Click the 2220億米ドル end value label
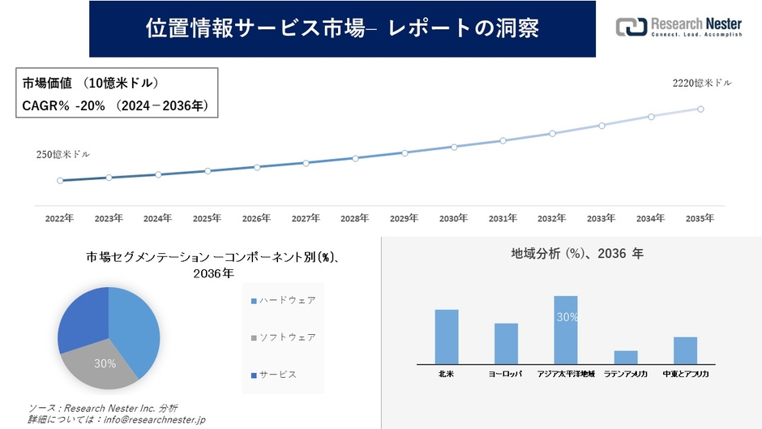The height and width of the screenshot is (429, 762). (x=701, y=83)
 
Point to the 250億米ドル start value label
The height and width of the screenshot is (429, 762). (x=62, y=154)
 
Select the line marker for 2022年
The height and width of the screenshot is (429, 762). (x=59, y=181)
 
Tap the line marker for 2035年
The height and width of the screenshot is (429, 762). (x=700, y=109)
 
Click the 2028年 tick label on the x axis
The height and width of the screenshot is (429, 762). (x=355, y=218)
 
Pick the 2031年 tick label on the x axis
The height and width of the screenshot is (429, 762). (x=503, y=218)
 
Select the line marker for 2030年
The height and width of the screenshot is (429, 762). (x=454, y=147)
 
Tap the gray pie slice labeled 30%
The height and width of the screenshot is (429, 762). (x=101, y=366)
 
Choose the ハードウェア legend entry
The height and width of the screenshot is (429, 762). (x=283, y=301)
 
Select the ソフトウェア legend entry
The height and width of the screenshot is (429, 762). (x=283, y=337)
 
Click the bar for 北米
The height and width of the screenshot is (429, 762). (x=447, y=337)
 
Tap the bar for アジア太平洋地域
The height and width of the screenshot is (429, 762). (x=566, y=330)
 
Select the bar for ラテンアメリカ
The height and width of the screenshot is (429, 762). (x=626, y=358)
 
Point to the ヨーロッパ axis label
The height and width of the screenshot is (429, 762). (x=506, y=374)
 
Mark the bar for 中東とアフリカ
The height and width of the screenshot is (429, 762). (x=685, y=350)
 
